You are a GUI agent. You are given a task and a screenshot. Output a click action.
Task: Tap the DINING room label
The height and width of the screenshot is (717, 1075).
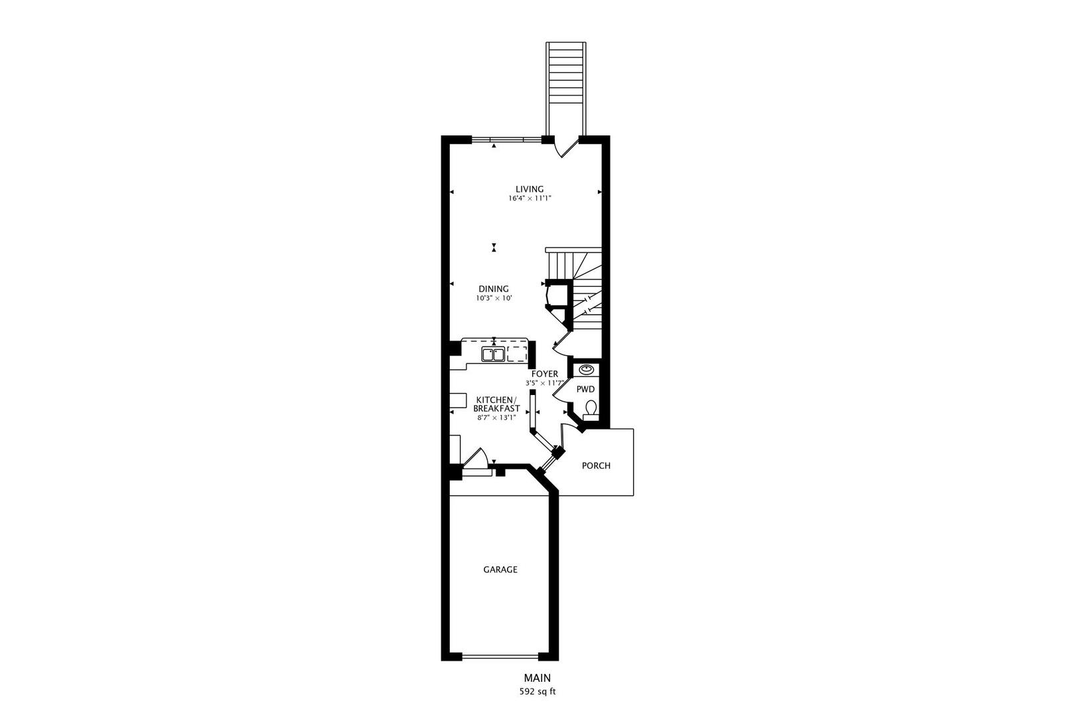494,289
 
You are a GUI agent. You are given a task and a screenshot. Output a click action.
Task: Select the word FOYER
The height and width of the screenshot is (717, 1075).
545,374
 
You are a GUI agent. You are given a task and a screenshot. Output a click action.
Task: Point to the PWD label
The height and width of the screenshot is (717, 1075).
585,389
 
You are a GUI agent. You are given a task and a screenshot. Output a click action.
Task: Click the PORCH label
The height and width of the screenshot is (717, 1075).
596,465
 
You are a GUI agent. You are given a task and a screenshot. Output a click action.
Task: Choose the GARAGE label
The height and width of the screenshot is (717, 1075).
500,570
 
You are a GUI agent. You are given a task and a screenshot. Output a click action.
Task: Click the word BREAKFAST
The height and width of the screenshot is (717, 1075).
496,408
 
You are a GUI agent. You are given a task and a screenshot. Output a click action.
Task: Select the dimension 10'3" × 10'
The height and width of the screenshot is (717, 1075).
494,299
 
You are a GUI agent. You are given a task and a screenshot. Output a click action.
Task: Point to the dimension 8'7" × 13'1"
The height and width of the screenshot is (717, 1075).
496,418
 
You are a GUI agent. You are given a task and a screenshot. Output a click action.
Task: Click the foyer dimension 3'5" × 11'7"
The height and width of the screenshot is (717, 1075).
545,383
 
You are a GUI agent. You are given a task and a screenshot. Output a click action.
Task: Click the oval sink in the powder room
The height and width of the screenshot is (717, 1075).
587,369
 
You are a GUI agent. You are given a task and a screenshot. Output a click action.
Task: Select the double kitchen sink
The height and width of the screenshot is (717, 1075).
493,355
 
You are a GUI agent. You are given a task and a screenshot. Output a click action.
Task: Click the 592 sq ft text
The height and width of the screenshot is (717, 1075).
537,691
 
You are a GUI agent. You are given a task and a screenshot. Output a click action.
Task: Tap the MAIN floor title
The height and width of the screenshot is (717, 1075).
537,678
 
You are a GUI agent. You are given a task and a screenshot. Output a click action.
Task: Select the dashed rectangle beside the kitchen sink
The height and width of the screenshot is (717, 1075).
517,354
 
